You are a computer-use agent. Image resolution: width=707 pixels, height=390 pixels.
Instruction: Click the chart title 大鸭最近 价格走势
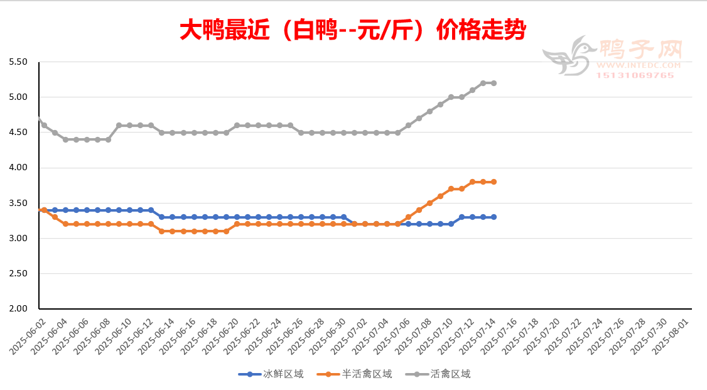(x=353, y=30)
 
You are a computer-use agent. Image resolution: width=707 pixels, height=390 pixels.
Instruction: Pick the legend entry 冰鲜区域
(x=271, y=374)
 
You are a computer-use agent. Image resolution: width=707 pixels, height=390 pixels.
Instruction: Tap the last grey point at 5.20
(x=494, y=83)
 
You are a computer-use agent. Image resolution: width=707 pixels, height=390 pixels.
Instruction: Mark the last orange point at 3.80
(x=494, y=181)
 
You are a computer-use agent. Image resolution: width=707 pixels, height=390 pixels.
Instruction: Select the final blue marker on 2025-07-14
(x=494, y=217)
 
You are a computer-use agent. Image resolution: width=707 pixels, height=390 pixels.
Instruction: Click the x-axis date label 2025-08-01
(x=671, y=335)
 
